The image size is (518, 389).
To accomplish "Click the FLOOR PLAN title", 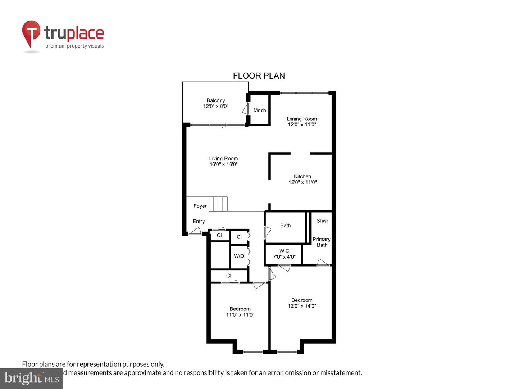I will pos(259,76).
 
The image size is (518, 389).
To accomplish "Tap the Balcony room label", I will pos(215,100).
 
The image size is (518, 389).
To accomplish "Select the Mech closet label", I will pos(259,110).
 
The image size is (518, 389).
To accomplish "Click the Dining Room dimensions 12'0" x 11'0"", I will pos(302,125).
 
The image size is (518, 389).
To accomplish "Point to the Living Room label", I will pos(223,158).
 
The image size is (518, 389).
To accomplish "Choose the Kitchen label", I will pos(302,176).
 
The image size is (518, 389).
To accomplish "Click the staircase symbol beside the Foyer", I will pos(218,204).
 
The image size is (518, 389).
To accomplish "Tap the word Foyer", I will pos(200,206).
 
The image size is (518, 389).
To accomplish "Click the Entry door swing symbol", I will pos(195,231).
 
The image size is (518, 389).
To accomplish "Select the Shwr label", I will pos(322,221).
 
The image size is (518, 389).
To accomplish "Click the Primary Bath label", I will pos(322,242).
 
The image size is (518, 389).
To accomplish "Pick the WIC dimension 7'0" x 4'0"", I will pos(284,257).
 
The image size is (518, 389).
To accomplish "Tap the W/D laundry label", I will pos(239,256).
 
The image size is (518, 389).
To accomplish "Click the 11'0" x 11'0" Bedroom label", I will pos(240,312).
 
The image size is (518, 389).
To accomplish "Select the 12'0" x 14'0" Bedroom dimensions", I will pos(302,306).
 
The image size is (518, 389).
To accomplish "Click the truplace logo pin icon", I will pos(31,33).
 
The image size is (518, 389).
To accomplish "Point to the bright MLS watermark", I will pos(32,378).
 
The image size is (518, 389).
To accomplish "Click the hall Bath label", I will pos(285,225).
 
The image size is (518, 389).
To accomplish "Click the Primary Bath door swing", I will pos(323,263).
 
